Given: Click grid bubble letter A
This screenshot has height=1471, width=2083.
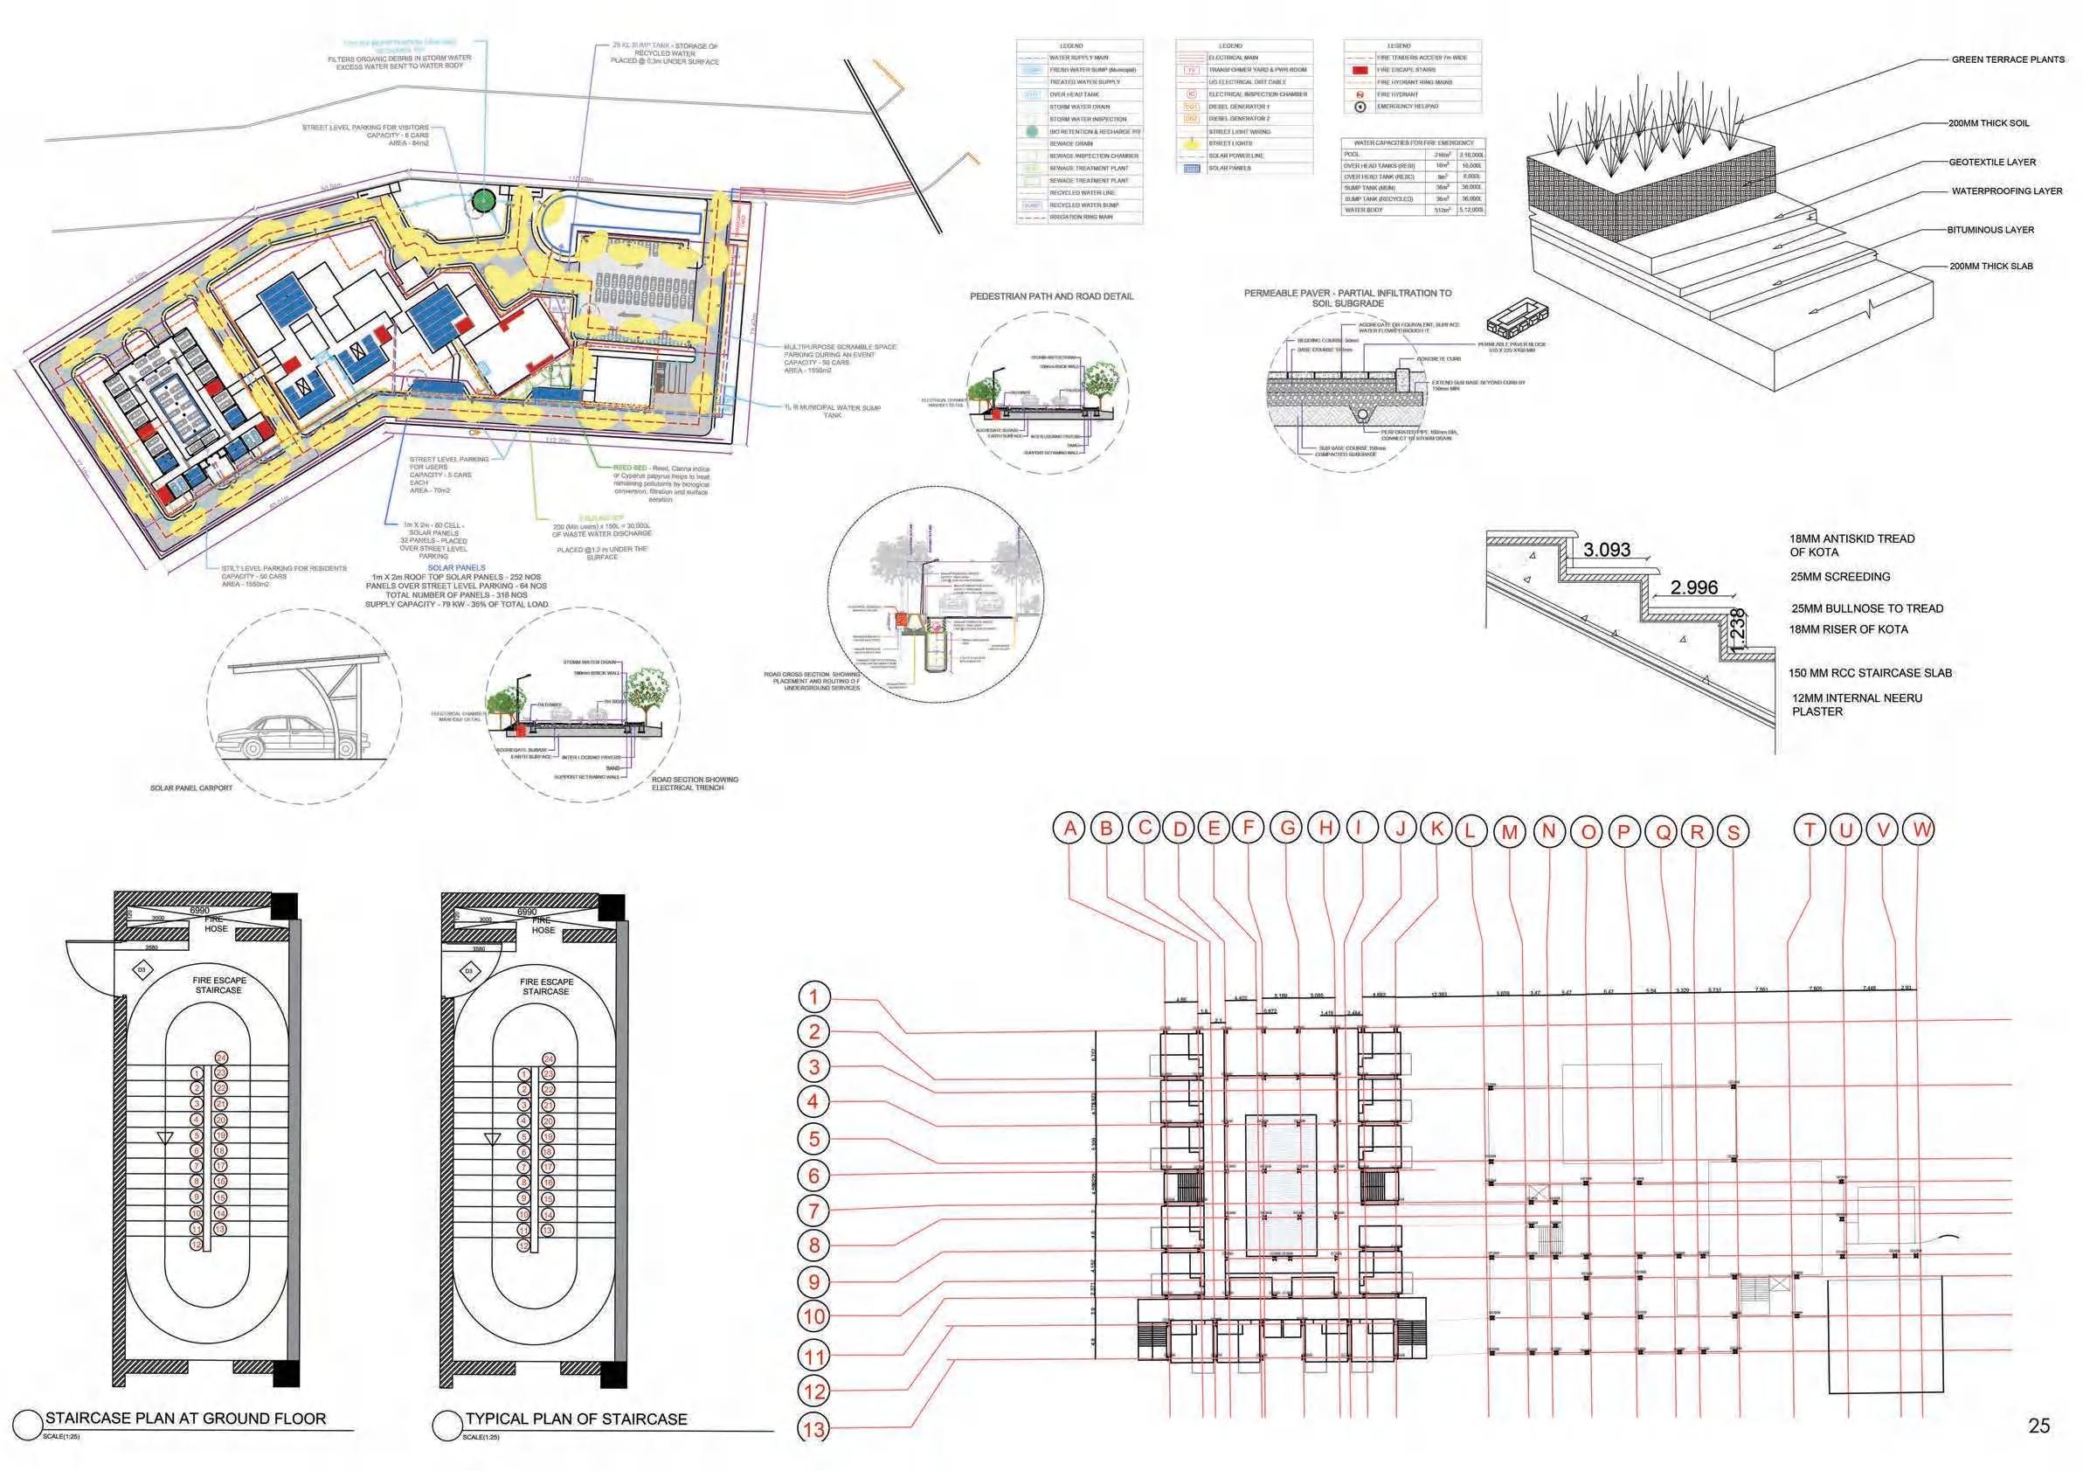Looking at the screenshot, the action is coord(1070,828).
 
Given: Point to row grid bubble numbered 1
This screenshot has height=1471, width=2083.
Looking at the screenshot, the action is coord(813,997).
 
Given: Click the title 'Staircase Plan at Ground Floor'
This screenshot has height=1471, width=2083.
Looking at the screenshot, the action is coord(185,1418).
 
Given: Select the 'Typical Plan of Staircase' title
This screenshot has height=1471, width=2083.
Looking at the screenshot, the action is coord(576,1419).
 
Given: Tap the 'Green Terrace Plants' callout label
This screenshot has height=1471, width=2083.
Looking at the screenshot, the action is coord(2008,60).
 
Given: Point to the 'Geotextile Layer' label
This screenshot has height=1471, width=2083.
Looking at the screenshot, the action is coord(1992,163).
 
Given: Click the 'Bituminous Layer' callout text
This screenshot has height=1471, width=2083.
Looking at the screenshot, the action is coord(1990,231).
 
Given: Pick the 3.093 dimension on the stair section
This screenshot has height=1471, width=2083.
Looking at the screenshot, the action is coord(1607,549).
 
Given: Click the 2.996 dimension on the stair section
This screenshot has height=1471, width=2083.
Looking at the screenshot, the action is coord(1694,587).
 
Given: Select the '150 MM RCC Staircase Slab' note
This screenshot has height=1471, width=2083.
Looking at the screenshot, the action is coord(1870,673).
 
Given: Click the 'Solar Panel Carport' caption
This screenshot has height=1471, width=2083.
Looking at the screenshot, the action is coord(190,788).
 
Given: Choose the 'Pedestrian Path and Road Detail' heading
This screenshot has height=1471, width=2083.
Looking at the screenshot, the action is coord(1051,297).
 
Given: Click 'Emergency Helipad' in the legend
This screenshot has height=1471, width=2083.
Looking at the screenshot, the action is coord(1407,106).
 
